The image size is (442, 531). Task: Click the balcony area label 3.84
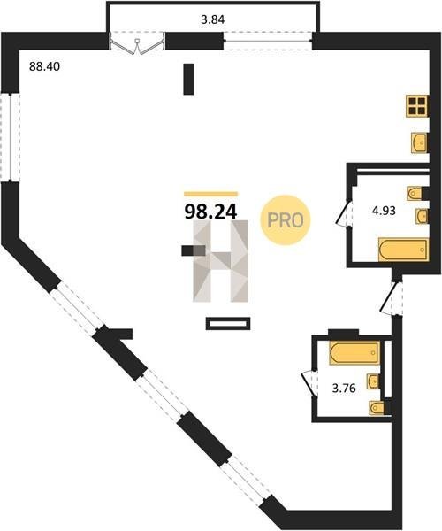[x=213, y=19]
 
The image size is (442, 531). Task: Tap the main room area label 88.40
[x=44, y=66]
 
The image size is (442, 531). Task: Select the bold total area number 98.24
[x=210, y=212]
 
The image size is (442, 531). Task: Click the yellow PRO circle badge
[x=286, y=220]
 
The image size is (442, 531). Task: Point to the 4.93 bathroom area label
[x=384, y=211]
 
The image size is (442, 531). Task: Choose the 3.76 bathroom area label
[x=344, y=389]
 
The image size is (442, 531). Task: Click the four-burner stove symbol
[x=417, y=105]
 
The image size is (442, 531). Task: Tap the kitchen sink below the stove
[x=419, y=142]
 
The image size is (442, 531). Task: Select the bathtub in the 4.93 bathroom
[x=403, y=250]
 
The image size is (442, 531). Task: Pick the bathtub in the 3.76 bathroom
[x=354, y=353]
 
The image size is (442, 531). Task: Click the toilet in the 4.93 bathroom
[x=415, y=194]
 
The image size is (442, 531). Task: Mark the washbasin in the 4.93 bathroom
[x=422, y=216]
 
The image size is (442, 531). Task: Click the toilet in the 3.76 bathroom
[x=377, y=407]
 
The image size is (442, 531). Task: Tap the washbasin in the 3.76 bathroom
[x=373, y=381]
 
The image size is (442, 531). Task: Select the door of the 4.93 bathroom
[x=344, y=213]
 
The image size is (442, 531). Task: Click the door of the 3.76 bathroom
[x=309, y=382]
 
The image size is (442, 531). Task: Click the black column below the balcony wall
[x=188, y=80]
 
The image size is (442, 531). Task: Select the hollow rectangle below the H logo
[x=228, y=323]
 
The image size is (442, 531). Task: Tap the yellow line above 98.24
[x=210, y=194]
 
